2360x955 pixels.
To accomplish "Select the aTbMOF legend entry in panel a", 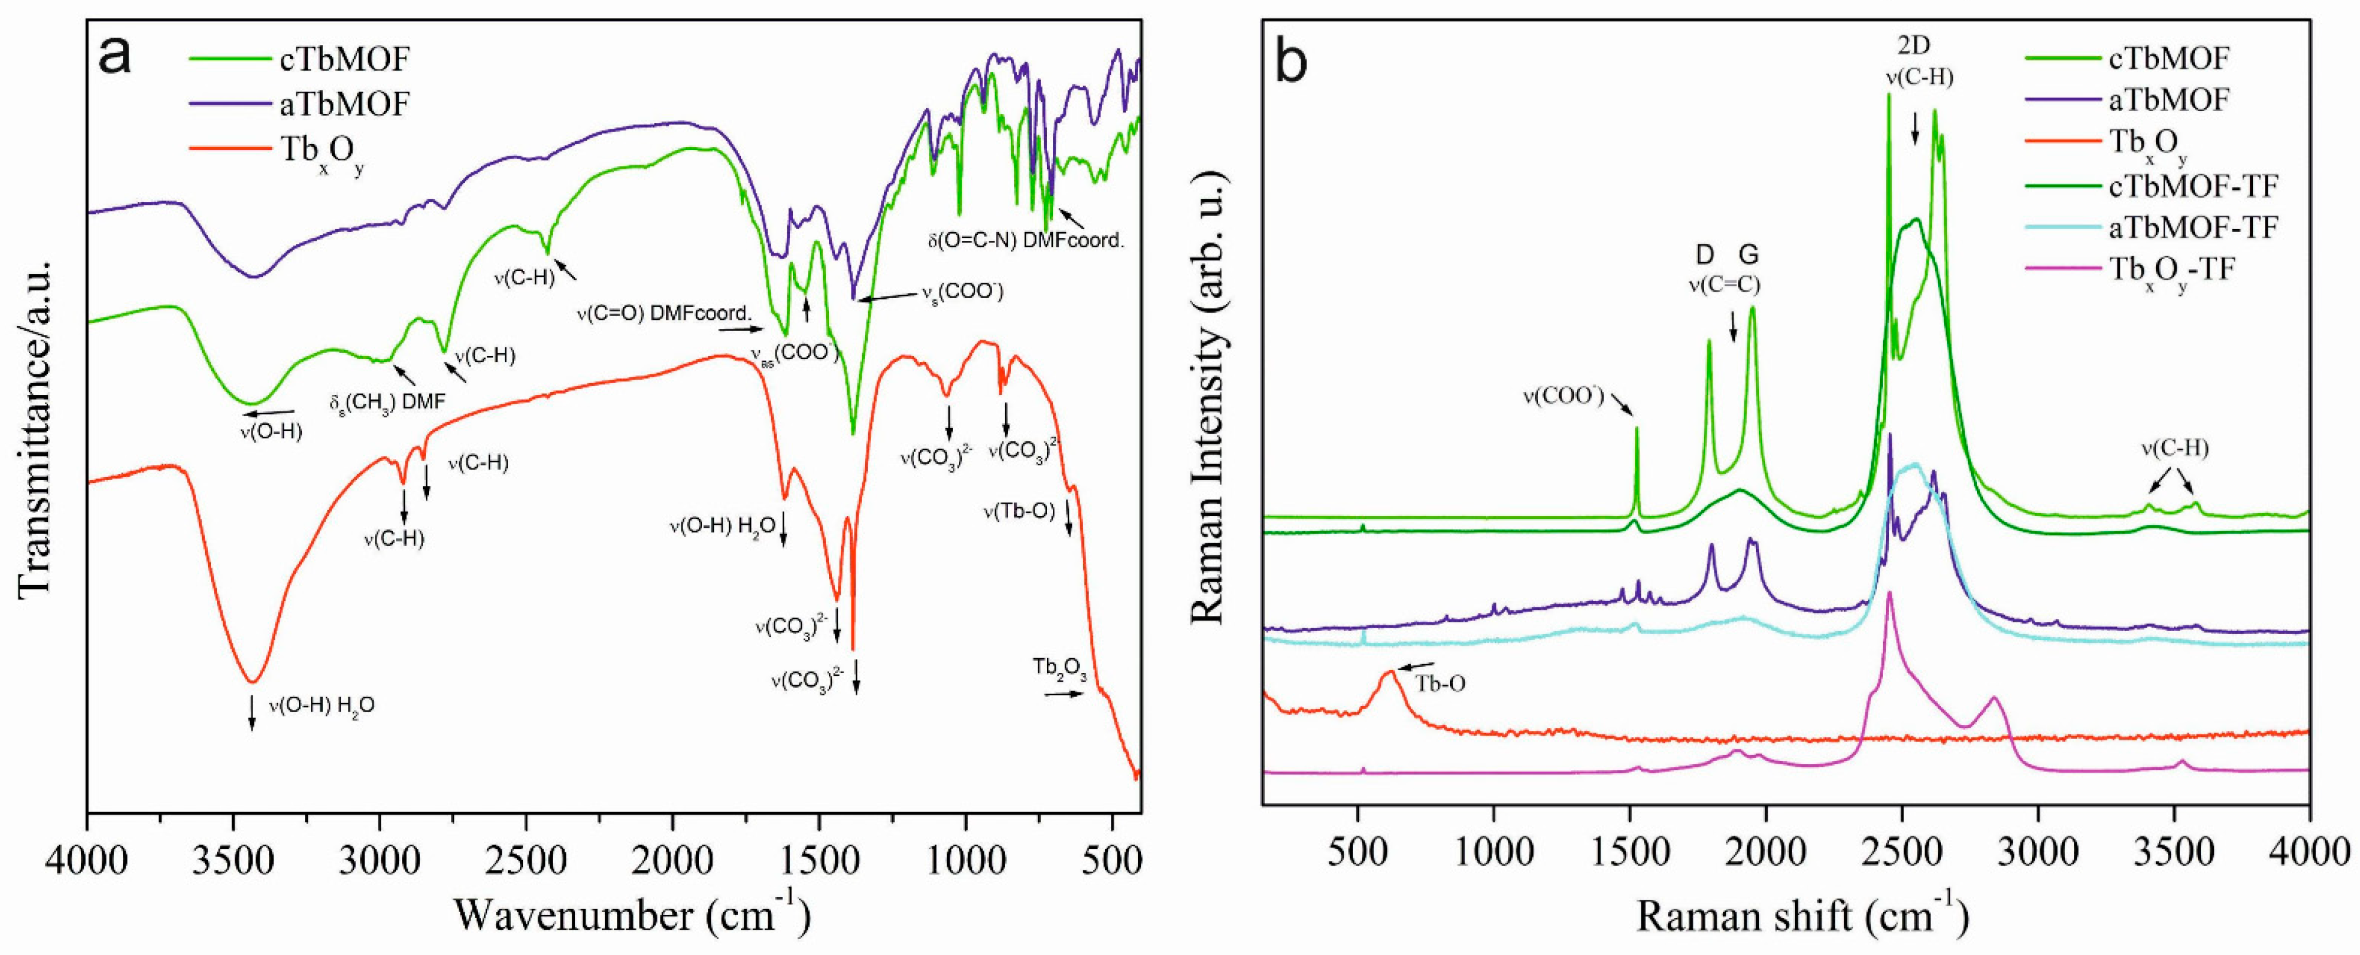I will [344, 103].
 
